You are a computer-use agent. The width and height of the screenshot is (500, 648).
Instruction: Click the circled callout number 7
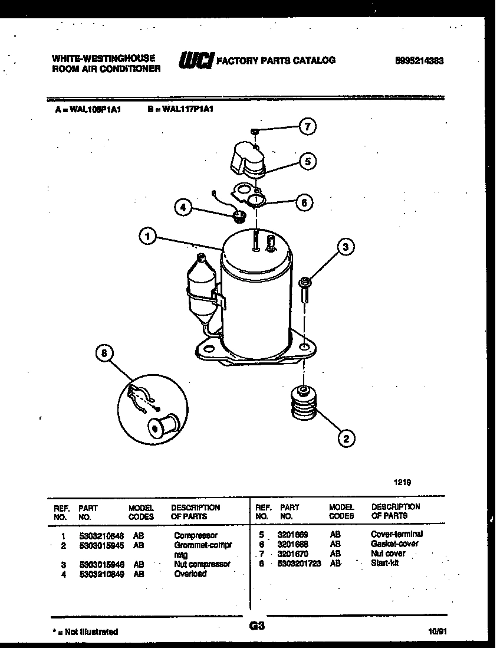tap(307, 126)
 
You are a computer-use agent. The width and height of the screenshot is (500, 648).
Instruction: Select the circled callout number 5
tap(307, 161)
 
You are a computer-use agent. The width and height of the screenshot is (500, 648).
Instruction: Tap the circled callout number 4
tap(183, 207)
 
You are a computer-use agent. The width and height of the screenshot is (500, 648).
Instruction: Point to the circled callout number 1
tap(147, 237)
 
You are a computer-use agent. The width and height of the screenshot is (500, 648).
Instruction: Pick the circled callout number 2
tap(346, 437)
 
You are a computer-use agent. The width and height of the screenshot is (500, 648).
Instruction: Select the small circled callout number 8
tap(104, 354)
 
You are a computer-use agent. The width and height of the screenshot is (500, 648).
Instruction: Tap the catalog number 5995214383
tap(419, 61)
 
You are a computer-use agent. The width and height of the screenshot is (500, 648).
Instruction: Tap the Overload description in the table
tap(190, 573)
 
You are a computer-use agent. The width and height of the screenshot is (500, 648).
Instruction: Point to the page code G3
tap(256, 627)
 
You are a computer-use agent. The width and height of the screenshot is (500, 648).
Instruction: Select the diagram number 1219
tap(402, 482)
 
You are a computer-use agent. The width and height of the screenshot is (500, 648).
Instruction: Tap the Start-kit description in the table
tap(384, 564)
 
